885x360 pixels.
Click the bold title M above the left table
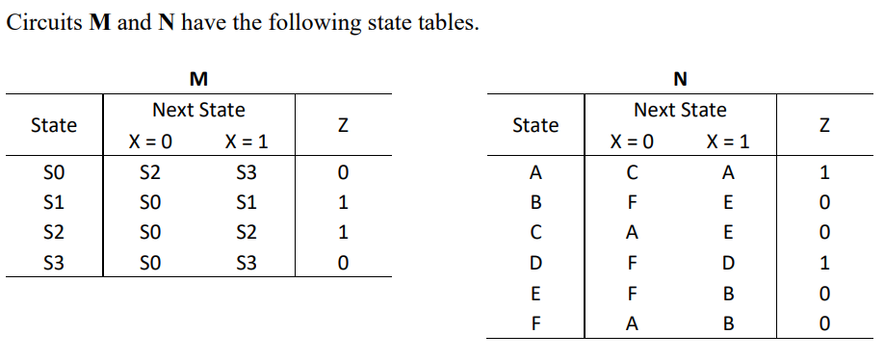pyautogui.click(x=198, y=77)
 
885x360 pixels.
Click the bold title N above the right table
pyautogui.click(x=680, y=77)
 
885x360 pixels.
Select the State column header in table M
pyautogui.click(x=54, y=125)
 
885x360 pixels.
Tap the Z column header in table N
pyautogui.click(x=823, y=125)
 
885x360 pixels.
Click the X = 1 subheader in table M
pyautogui.click(x=247, y=142)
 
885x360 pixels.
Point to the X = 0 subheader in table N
pyautogui.click(x=633, y=142)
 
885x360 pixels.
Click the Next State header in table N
pyautogui.click(x=680, y=111)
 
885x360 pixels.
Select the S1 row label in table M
pyautogui.click(x=54, y=203)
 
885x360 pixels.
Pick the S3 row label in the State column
pyautogui.click(x=54, y=263)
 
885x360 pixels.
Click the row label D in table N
pyautogui.click(x=535, y=263)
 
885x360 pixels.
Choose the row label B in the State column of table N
pyautogui.click(x=535, y=203)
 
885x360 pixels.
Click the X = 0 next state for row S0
pyautogui.click(x=150, y=174)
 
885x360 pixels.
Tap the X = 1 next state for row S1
pyautogui.click(x=247, y=203)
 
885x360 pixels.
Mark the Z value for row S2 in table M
pyautogui.click(x=342, y=233)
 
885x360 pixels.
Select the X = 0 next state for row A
pyautogui.click(x=632, y=174)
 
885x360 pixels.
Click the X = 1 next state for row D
pyautogui.click(x=728, y=263)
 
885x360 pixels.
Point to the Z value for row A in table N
pyautogui.click(x=823, y=174)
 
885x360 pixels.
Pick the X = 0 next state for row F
pyautogui.click(x=632, y=324)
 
